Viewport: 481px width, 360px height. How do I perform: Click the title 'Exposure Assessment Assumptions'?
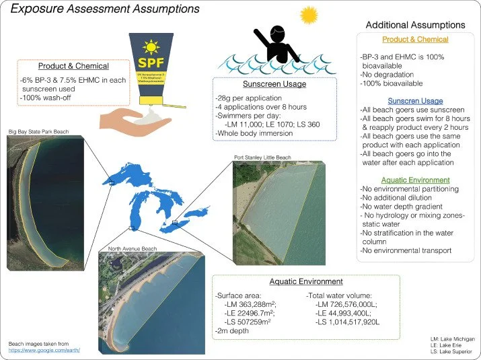pos(105,9)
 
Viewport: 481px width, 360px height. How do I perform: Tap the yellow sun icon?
pos(309,15)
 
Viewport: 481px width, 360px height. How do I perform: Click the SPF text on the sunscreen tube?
pos(151,62)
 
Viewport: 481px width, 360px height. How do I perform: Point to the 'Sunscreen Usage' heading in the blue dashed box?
pos(274,85)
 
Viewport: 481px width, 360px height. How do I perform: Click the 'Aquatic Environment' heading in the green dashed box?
pos(306,281)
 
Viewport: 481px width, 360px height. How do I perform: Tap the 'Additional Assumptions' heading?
pos(415,25)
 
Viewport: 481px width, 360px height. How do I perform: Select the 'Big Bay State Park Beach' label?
pos(39,131)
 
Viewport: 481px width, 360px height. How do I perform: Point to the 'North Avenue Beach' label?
pos(133,249)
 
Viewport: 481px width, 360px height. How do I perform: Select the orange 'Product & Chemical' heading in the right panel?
pos(414,40)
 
